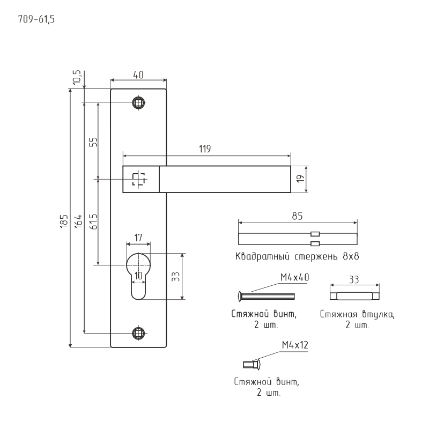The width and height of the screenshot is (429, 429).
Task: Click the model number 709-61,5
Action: (x=37, y=20)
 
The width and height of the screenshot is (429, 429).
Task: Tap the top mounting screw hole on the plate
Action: (x=139, y=102)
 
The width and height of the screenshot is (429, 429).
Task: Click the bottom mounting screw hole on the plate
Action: (x=139, y=333)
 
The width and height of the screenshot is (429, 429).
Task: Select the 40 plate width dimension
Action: (x=138, y=75)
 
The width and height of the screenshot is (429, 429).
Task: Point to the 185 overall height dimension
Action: (x=64, y=220)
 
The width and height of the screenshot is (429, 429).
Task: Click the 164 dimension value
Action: (x=78, y=220)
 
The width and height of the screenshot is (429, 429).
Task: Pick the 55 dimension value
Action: (x=92, y=142)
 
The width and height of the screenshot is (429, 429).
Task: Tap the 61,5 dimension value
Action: (x=92, y=221)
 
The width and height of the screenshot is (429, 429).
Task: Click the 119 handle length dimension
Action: (x=204, y=149)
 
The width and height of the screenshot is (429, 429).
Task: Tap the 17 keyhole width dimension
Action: (x=138, y=236)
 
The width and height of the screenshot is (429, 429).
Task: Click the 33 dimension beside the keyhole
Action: (x=175, y=276)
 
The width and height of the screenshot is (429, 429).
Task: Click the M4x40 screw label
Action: (x=294, y=277)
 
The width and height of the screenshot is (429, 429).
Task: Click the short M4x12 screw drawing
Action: (x=252, y=365)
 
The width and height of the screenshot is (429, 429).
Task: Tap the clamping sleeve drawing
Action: (x=354, y=295)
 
